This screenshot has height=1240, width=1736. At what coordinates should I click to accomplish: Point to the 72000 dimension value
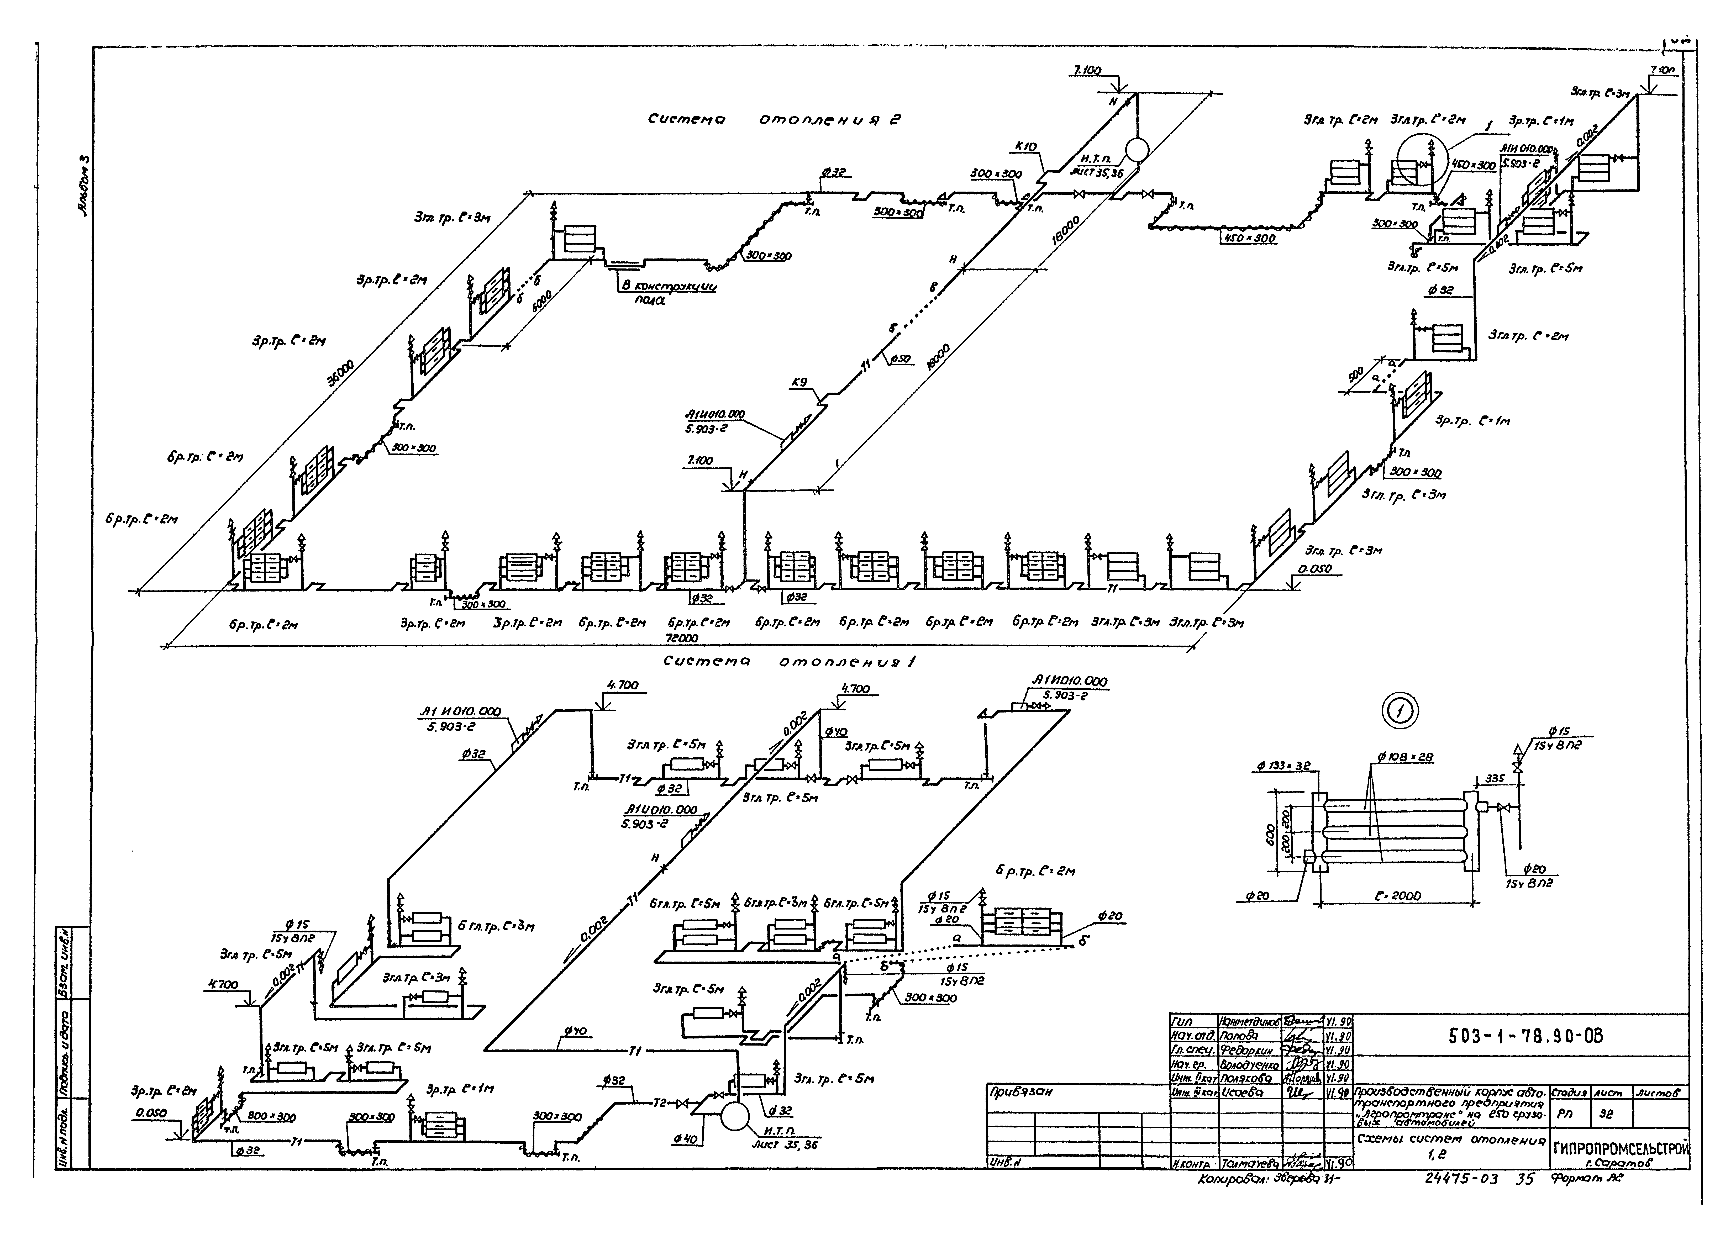(682, 637)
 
